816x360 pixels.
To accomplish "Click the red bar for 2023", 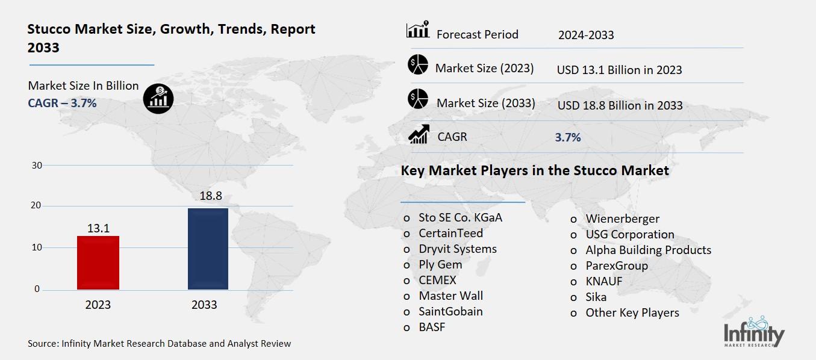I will pos(98,262).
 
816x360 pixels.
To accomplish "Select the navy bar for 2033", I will pos(208,249).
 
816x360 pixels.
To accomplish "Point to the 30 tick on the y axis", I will pos(36,166).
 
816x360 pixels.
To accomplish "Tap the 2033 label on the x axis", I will pos(204,305).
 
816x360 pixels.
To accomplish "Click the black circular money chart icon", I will pos(158,97).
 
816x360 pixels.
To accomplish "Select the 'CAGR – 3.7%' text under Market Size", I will pos(62,103).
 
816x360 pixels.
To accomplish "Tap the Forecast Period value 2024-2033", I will pos(586,35).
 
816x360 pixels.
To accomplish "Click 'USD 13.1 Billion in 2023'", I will pos(619,70).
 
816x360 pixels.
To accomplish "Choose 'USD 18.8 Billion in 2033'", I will pos(620,106).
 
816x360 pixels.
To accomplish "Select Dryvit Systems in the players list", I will pos(458,249).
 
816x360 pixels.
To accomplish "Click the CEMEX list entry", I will pos(437,280).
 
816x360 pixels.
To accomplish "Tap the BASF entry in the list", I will pos(432,327).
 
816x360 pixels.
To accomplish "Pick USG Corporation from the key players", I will pos(629,234).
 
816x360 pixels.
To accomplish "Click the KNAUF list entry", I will pos(603,281).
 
